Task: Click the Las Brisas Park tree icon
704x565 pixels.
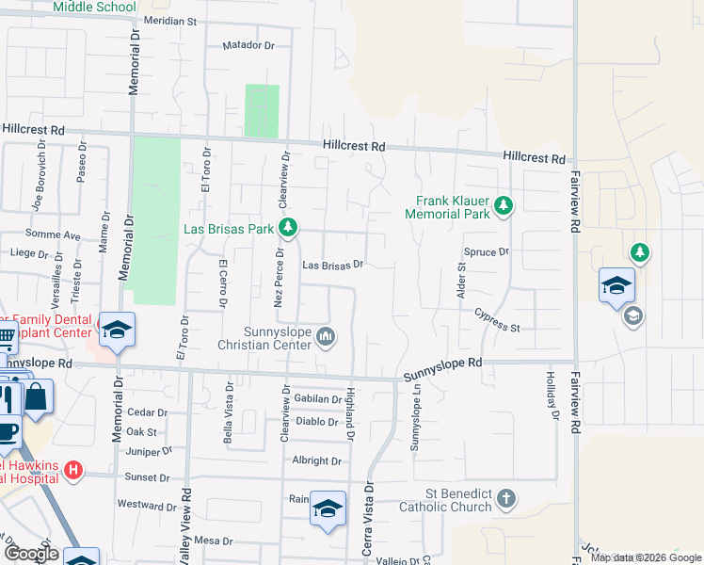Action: point(289,228)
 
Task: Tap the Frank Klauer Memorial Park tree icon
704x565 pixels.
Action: point(504,204)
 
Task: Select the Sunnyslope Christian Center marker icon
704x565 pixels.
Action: point(327,335)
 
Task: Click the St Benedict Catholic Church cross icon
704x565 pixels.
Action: point(506,498)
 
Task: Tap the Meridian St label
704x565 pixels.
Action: point(169,20)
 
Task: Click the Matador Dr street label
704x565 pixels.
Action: point(248,44)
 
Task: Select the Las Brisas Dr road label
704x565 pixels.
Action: point(332,266)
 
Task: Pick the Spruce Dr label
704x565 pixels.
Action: point(486,252)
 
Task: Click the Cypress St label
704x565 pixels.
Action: point(497,320)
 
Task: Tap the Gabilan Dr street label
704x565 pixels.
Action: point(315,399)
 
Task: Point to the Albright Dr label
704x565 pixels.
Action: point(316,460)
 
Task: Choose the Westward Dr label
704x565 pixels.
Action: point(147,505)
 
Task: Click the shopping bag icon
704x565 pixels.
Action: point(39,395)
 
